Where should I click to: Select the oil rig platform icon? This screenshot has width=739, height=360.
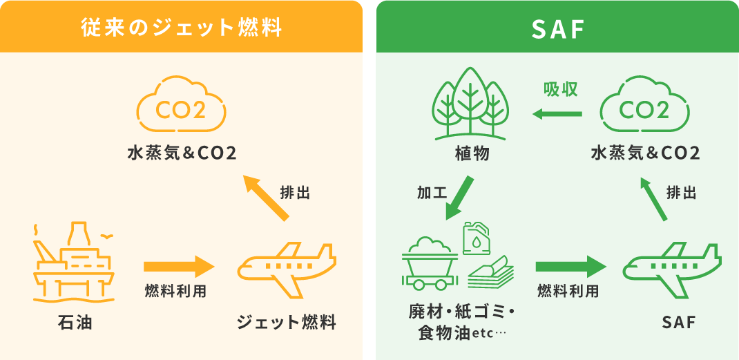[x=73, y=262]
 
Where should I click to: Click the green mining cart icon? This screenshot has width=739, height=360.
[x=430, y=264]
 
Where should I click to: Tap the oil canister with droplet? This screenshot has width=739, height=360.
[x=476, y=238]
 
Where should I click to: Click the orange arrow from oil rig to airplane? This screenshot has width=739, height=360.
[x=179, y=267]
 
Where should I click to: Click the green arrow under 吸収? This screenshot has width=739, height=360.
[x=557, y=114]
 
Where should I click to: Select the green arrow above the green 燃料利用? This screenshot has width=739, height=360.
[x=571, y=267]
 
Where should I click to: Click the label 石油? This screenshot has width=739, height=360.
[x=73, y=323]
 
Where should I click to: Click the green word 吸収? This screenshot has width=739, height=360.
[x=561, y=90]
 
